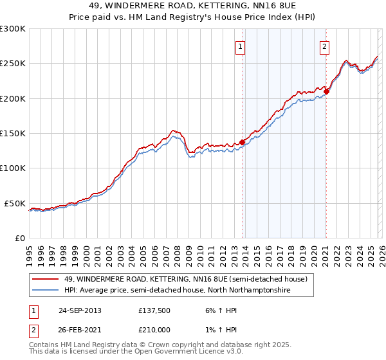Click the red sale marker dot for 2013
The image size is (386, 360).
pos(242,142)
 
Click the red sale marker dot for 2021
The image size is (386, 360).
pos(326,91)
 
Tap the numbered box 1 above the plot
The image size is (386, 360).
pos(240,46)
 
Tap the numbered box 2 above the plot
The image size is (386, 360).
pos(325,46)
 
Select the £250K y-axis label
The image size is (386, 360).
pos(13,64)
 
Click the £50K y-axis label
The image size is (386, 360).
pos(15,203)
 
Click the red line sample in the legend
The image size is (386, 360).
pos(46,279)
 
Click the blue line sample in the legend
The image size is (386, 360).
pos(46,291)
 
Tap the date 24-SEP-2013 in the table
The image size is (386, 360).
pos(80,310)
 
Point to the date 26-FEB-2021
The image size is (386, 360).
pos(80,330)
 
